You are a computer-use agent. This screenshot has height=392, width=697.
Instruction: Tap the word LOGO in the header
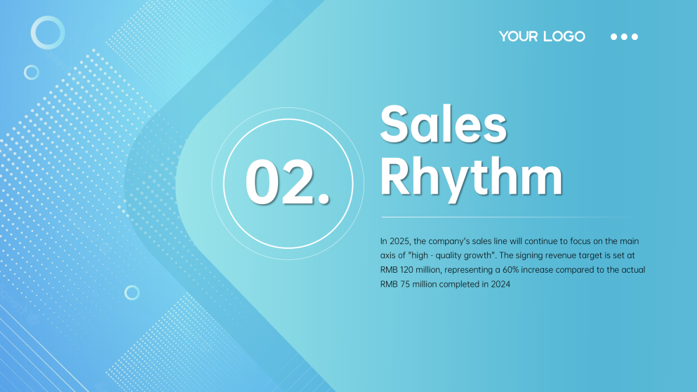[x=564, y=36]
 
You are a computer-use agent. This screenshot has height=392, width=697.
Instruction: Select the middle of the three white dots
[x=624, y=37]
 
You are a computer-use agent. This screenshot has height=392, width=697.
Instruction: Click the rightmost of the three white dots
[x=635, y=37]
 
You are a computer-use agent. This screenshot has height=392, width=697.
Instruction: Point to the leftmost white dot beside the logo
[x=614, y=37]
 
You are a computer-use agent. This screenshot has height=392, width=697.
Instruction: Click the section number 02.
[x=288, y=183]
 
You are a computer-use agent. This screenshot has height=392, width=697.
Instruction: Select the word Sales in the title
[x=443, y=124]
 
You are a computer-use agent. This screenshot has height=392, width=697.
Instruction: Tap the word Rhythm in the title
[x=471, y=177]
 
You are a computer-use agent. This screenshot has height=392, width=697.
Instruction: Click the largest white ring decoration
[x=48, y=17]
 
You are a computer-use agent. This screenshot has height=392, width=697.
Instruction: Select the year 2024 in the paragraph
[x=500, y=284]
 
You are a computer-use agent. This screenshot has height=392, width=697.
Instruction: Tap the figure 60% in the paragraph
[x=511, y=270]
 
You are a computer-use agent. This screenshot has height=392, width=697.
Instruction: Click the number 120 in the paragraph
[x=406, y=270]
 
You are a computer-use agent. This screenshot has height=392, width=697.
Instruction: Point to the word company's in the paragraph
[x=449, y=241]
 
